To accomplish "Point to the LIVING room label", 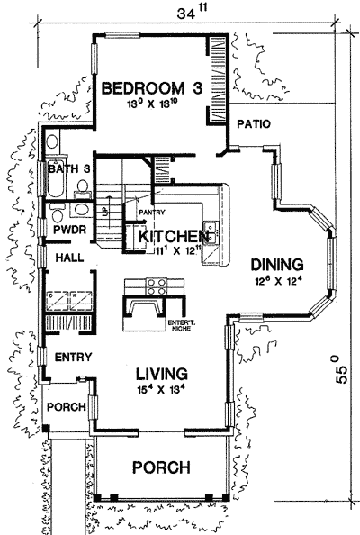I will click(x=161, y=373).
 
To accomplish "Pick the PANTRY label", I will click(x=149, y=213).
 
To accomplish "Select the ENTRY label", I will click(x=73, y=358).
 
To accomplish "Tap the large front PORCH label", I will click(x=160, y=467).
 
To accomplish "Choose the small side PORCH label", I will click(x=67, y=407).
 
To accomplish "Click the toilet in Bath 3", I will click(x=84, y=187).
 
